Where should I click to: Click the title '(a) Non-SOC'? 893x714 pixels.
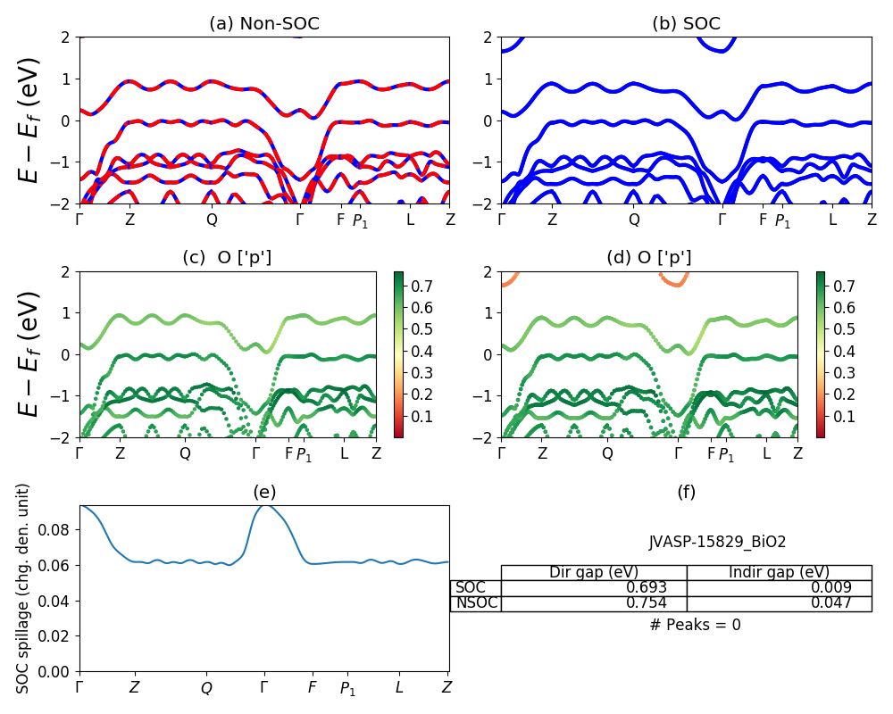click(x=264, y=24)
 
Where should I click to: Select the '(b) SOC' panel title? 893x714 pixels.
click(x=686, y=24)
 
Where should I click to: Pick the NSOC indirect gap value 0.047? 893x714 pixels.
click(x=830, y=603)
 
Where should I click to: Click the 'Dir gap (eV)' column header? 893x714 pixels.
click(x=593, y=572)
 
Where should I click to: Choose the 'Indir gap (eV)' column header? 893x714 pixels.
click(x=779, y=572)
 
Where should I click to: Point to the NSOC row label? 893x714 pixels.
click(x=476, y=603)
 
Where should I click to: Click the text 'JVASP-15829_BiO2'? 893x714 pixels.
click(x=717, y=542)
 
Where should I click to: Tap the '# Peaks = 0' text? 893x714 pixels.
click(x=696, y=625)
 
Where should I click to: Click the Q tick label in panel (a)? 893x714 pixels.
click(x=212, y=220)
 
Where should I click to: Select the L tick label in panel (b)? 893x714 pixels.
click(x=831, y=220)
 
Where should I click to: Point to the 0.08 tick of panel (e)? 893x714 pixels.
click(x=58, y=529)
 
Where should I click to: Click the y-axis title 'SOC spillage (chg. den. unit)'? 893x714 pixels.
click(x=24, y=588)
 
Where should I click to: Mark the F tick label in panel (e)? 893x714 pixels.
click(x=312, y=688)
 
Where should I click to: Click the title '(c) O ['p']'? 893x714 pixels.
click(x=227, y=258)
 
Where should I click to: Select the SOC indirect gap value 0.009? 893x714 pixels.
click(x=830, y=588)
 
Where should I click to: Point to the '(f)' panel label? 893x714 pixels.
click(x=686, y=492)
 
